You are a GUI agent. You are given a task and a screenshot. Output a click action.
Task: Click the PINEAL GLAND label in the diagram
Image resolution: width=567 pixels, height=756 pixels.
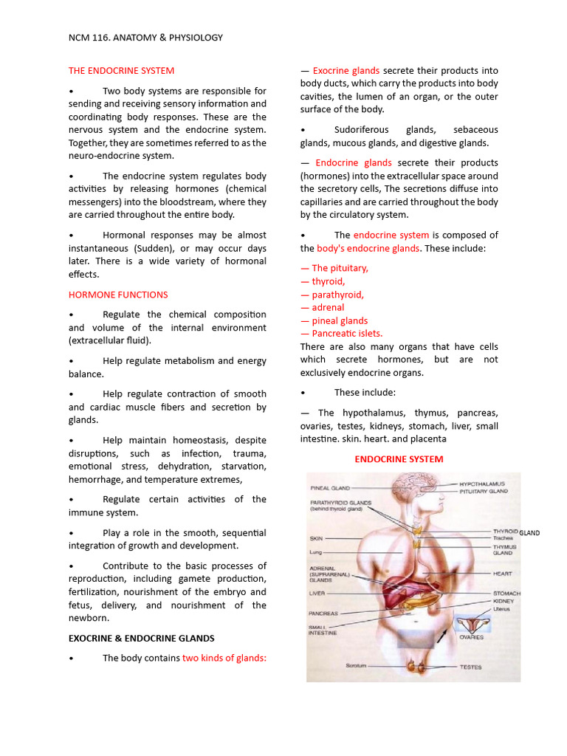point(330,488)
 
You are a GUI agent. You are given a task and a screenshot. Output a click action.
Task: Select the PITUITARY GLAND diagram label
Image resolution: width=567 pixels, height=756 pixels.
point(484,491)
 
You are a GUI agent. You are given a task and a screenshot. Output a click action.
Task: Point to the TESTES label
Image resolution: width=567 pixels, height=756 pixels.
point(470,667)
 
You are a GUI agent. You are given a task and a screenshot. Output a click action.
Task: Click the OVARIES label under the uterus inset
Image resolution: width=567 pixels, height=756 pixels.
point(471,637)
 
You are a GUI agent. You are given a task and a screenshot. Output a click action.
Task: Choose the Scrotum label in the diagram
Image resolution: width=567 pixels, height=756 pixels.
point(356,666)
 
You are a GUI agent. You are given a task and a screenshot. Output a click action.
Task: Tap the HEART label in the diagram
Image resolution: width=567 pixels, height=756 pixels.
point(503,573)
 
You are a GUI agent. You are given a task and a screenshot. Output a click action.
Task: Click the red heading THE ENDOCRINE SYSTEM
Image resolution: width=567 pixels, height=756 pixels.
point(121,71)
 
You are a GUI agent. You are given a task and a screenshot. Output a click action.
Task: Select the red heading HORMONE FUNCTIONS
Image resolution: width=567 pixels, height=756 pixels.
point(118,295)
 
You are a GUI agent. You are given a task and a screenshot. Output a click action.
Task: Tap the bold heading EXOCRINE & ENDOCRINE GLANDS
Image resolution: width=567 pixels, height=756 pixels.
point(142,638)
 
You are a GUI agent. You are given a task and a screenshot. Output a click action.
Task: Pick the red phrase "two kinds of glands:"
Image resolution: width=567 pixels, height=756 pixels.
point(224,658)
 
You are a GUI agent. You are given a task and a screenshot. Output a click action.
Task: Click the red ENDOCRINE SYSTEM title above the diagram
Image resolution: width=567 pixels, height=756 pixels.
point(399,459)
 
